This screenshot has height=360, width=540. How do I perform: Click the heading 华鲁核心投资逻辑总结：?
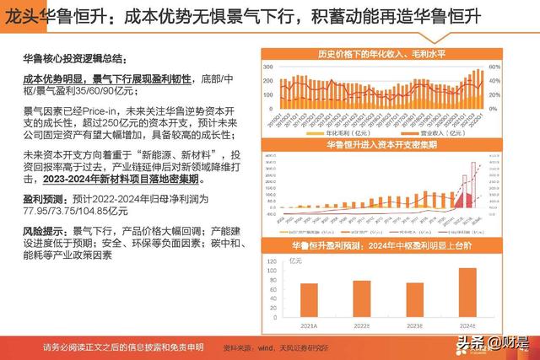tap(73, 59)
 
